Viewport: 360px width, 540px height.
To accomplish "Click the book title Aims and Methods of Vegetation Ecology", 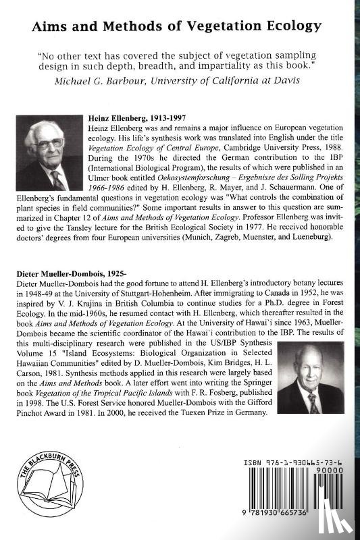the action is pyautogui.click(x=180, y=26).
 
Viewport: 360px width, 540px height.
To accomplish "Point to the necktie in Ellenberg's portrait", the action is pyautogui.click(x=59, y=180).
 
